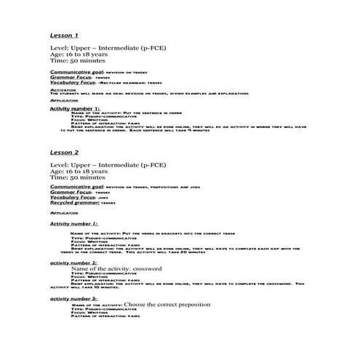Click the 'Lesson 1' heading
click(64, 35)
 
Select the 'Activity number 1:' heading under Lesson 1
click(75, 108)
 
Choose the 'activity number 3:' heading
click(73, 299)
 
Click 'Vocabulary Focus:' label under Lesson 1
click(73, 84)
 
